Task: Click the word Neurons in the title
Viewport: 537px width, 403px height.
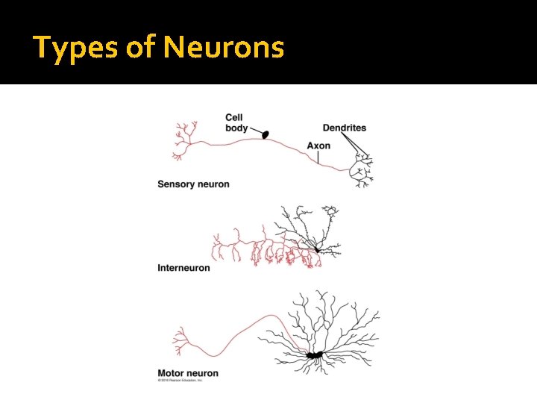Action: point(224,49)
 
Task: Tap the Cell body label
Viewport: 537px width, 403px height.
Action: point(236,122)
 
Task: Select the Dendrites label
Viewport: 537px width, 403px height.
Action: point(344,128)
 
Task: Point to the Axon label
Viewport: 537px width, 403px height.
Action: point(318,146)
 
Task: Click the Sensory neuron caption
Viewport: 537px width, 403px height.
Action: point(193,184)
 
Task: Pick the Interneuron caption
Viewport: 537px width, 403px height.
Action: point(183,267)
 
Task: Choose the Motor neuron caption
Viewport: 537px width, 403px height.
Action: point(188,373)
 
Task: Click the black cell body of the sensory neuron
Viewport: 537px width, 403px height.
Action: point(265,134)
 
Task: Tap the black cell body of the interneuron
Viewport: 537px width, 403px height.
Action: point(318,249)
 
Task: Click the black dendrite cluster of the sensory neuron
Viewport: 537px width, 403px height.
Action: point(362,171)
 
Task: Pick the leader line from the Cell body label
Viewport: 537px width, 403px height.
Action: point(255,131)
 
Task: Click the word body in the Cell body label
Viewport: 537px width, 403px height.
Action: point(236,128)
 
